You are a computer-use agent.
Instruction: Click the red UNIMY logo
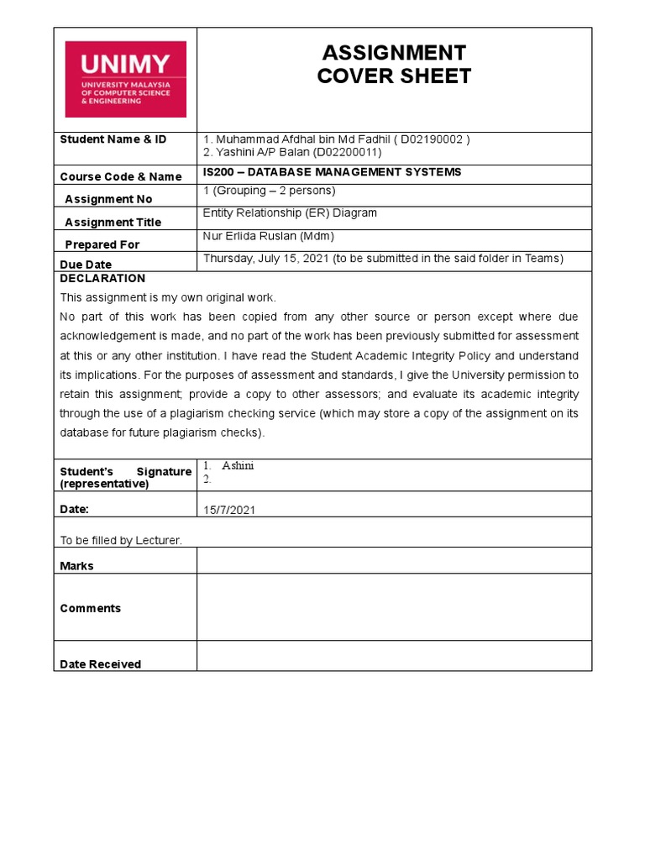pyautogui.click(x=125, y=79)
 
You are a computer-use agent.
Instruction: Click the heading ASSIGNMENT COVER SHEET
pyautogui.click(x=394, y=65)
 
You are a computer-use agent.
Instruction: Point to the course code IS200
pyautogui.click(x=218, y=172)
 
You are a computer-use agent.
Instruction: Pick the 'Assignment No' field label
pyautogui.click(x=108, y=199)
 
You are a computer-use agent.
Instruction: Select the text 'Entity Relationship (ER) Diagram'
pyautogui.click(x=290, y=213)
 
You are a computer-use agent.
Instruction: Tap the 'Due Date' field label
pyautogui.click(x=86, y=265)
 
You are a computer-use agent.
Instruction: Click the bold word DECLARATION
pyautogui.click(x=102, y=278)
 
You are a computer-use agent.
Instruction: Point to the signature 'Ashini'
pyautogui.click(x=238, y=466)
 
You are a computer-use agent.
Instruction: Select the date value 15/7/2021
pyautogui.click(x=229, y=510)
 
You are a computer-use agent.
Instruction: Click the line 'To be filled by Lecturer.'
pyautogui.click(x=121, y=540)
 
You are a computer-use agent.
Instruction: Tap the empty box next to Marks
pyautogui.click(x=394, y=560)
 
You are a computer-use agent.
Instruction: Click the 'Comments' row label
pyautogui.click(x=91, y=608)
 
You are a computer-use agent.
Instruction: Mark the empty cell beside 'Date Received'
pyautogui.click(x=394, y=656)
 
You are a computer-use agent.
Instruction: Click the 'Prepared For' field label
pyautogui.click(x=102, y=244)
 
